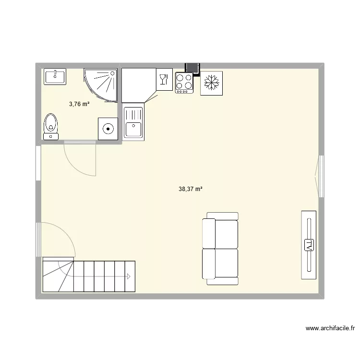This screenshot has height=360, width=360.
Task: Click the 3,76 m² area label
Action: click(79, 104)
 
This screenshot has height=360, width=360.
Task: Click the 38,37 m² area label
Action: click(191, 189)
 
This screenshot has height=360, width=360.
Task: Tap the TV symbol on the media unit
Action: click(309, 245)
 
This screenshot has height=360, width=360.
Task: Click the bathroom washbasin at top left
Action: click(56, 76)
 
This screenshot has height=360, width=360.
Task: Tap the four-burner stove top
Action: click(184, 83)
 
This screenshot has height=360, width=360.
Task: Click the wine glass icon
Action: click(163, 79)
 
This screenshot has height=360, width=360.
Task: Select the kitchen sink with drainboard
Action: click(133, 123)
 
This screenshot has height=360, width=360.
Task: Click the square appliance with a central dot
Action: click(108, 129)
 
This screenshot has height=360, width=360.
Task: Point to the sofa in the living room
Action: click(220, 249)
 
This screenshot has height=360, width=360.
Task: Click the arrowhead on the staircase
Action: click(129, 276)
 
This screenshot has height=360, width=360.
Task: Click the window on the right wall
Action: click(321, 175)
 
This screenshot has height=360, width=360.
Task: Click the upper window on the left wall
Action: click(38, 163)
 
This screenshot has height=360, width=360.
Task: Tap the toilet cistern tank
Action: click(51, 137)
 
